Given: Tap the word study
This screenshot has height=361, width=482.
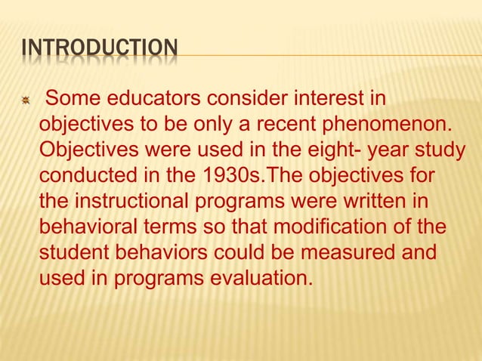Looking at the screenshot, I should [437, 150].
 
